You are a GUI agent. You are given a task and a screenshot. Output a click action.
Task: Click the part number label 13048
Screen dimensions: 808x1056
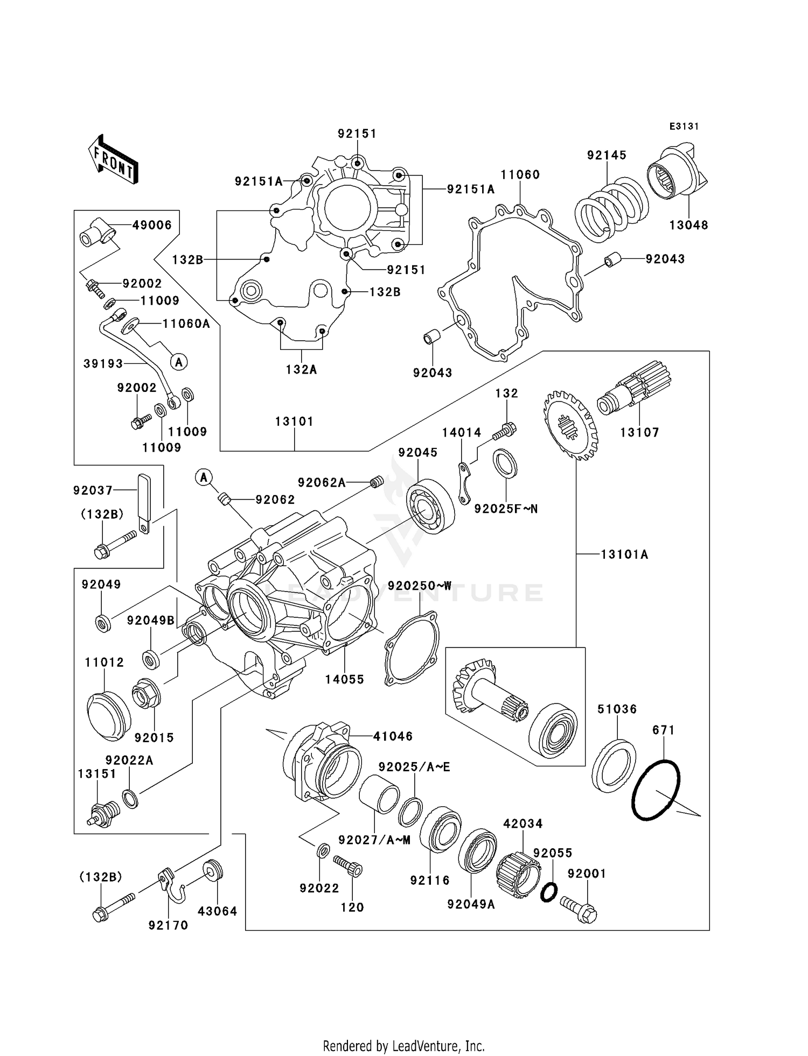(x=688, y=225)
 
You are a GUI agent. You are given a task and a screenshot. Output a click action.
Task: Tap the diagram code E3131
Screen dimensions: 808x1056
(x=684, y=126)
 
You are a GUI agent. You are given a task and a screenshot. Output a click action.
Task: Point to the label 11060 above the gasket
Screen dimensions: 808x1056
(x=520, y=174)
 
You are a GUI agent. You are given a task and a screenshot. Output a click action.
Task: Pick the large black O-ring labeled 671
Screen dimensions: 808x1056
(x=656, y=790)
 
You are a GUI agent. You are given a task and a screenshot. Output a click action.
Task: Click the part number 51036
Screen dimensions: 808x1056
(x=617, y=709)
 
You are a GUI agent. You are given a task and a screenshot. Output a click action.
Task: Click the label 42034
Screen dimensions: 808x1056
(x=523, y=823)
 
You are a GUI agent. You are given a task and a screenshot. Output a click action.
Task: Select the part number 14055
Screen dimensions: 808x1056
(x=344, y=679)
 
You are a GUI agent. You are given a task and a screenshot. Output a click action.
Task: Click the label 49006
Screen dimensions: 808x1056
(x=152, y=225)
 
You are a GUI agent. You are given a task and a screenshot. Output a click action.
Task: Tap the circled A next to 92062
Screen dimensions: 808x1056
(x=204, y=477)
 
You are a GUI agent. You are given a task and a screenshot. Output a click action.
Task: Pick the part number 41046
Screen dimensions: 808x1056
(x=393, y=736)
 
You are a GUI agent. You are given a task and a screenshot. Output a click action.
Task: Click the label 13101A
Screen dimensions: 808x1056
(x=624, y=554)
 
